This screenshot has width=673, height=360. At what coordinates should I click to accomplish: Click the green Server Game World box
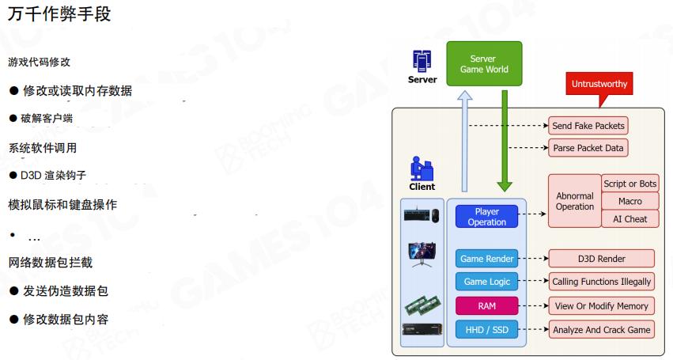483,64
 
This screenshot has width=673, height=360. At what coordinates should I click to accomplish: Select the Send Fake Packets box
588,126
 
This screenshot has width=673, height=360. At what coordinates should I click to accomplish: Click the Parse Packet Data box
588,148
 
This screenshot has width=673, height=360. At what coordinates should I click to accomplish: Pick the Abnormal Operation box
575,201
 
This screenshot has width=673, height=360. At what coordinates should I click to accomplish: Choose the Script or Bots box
630,184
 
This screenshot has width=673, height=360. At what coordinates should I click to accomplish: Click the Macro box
630,202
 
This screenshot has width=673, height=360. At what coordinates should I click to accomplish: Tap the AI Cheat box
630,219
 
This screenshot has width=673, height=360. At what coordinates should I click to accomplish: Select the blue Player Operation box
486,217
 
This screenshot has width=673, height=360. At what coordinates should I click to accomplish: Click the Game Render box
487,259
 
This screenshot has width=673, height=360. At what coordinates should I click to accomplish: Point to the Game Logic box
487,282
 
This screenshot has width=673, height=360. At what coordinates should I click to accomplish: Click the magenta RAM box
487,305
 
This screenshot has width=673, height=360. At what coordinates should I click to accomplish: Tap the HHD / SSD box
487,329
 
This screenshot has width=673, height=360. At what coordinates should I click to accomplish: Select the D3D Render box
602,259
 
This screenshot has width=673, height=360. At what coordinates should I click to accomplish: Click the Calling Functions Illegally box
602,282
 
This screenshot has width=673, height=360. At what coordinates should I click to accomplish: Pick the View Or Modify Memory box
602,305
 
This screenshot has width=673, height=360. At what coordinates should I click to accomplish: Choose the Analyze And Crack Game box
602,329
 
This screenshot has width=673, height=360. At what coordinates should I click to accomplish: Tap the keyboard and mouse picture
422,215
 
